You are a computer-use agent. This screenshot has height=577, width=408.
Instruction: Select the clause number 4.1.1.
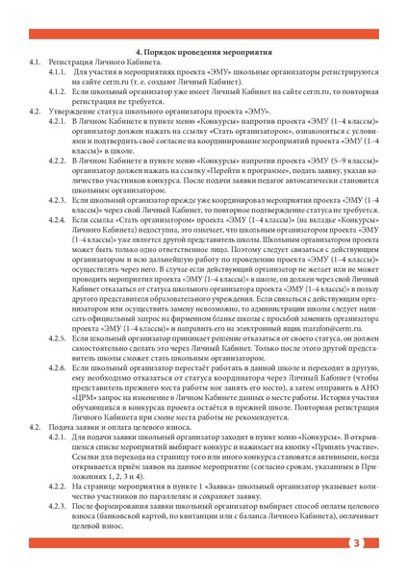[x=58, y=72]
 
